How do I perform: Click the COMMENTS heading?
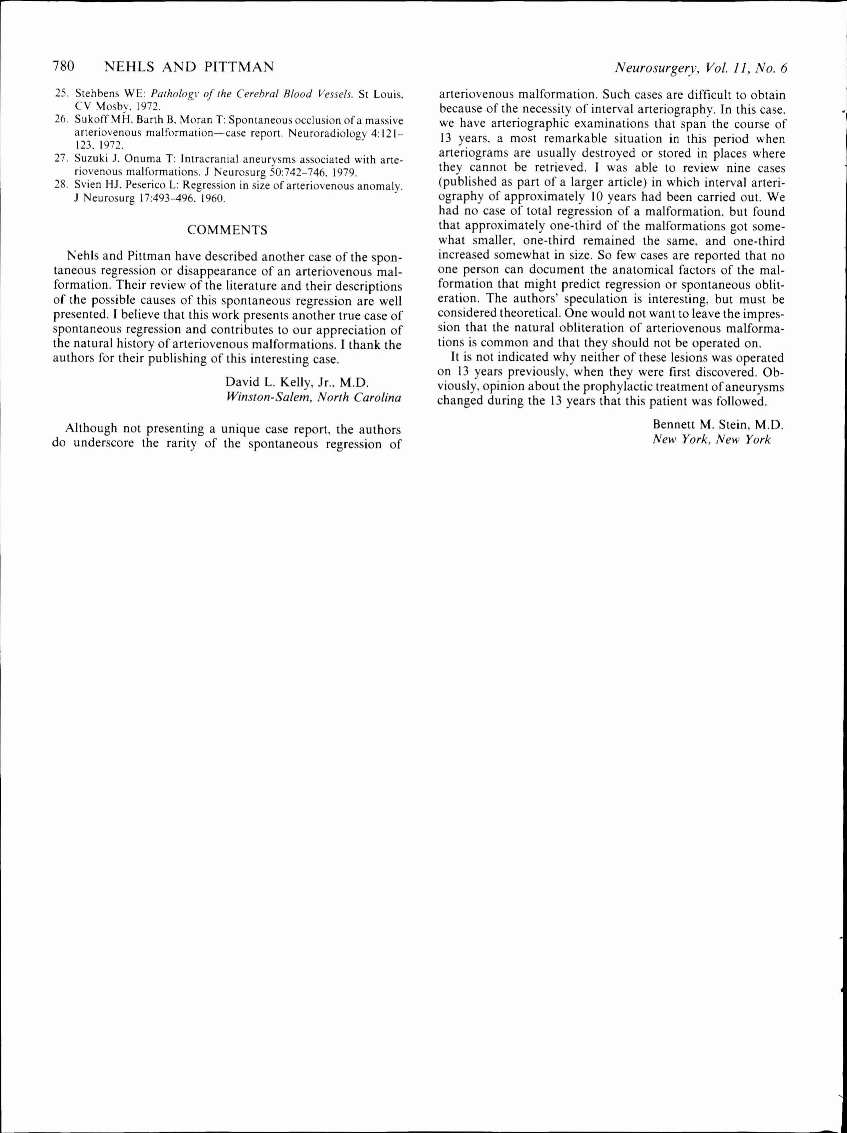coord(227,230)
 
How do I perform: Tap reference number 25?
coord(61,94)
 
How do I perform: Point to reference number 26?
coord(61,120)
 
